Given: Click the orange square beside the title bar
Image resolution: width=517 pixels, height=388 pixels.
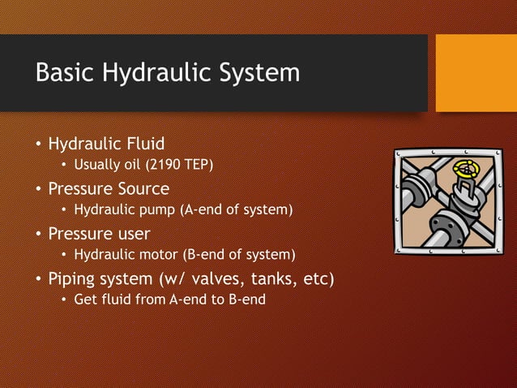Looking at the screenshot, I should (x=476, y=73).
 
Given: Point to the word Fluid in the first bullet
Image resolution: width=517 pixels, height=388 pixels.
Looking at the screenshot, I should (x=146, y=144).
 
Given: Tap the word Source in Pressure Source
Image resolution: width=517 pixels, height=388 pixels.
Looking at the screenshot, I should (x=145, y=189).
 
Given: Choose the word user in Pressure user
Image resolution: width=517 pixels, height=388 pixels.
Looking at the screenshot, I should (x=132, y=234).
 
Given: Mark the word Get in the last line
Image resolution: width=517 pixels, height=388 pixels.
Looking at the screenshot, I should (x=84, y=300).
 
